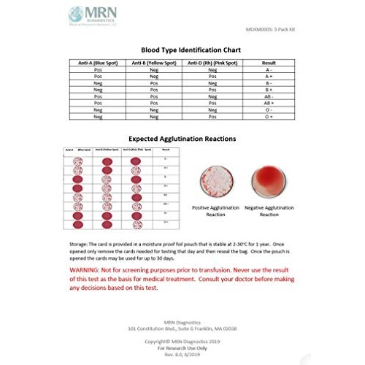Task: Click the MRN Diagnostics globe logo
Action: click(75, 15)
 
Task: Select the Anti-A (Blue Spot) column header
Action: click(97, 64)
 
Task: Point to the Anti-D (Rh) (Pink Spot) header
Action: click(212, 64)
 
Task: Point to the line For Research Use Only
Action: click(182, 347)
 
